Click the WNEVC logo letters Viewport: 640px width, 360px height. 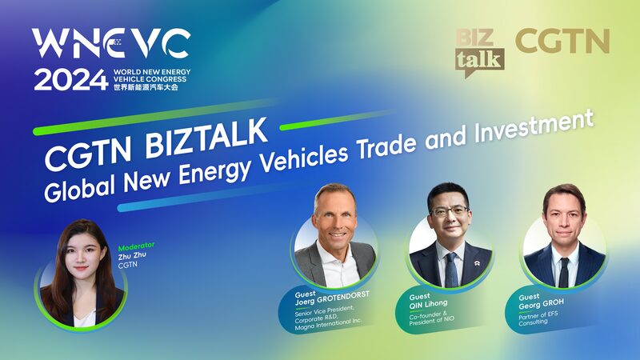[111, 43]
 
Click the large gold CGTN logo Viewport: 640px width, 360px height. [562, 42]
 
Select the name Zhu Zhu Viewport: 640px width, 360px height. [133, 257]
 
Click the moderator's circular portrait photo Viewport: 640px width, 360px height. [79, 276]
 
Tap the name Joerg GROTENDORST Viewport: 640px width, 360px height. [327, 302]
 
